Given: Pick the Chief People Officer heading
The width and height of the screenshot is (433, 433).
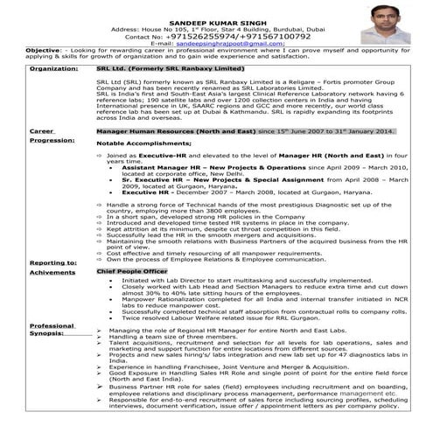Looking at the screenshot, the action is coord(131,272).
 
